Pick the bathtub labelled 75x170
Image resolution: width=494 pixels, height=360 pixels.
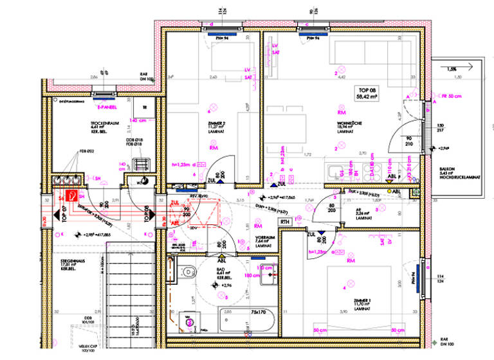248,319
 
